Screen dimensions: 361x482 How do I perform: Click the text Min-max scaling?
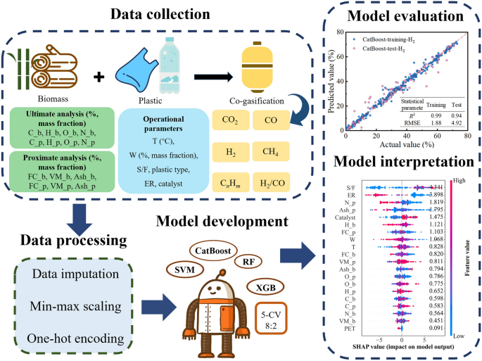[x=73, y=307]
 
